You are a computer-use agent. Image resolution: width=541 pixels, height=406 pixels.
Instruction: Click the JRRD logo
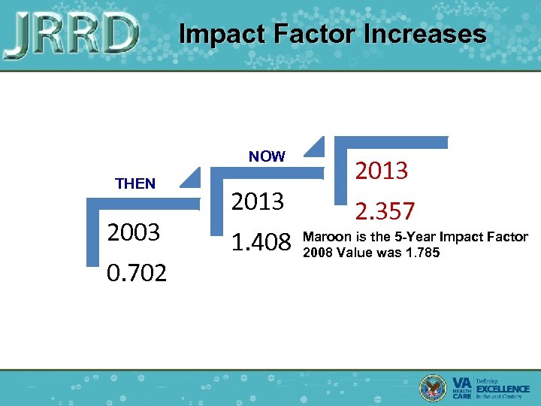coord(71,35)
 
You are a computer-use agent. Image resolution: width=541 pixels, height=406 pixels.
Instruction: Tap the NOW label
coord(267,156)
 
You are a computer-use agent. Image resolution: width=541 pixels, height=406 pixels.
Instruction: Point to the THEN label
coord(135,183)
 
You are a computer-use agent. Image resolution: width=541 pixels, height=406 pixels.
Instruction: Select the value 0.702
coord(137,272)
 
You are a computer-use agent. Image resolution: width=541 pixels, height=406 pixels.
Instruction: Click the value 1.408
coord(261,242)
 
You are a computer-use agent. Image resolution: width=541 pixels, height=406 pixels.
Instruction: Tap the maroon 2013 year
coord(382,171)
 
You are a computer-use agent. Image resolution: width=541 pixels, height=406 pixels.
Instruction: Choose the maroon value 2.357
coord(385,211)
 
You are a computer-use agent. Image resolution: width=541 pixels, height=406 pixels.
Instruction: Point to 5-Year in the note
coord(416,238)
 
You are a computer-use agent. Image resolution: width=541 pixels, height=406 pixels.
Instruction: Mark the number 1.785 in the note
coord(421,252)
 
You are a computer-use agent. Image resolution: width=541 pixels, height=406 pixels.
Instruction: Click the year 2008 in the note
coord(316,252)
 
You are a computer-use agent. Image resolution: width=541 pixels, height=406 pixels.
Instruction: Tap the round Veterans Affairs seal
coord(434,387)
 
